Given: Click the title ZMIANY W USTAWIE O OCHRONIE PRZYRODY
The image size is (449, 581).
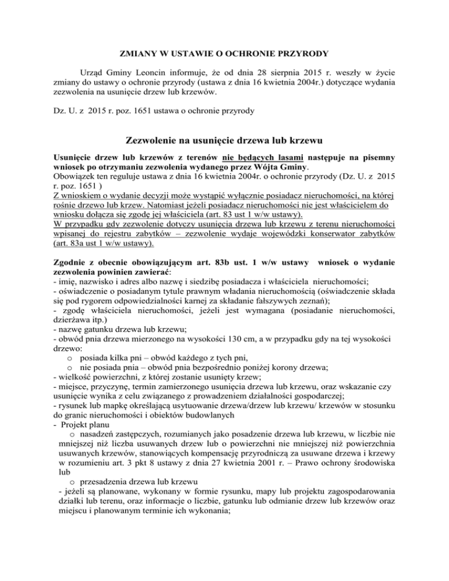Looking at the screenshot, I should click(x=224, y=54).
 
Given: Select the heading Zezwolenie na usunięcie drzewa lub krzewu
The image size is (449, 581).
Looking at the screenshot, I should click(x=224, y=140).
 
